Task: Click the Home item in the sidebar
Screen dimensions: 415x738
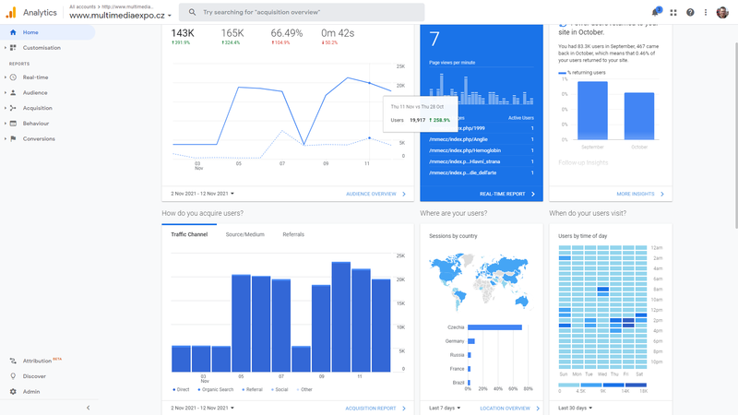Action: pyautogui.click(x=30, y=32)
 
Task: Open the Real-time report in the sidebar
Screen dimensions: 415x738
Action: pyautogui.click(x=36, y=77)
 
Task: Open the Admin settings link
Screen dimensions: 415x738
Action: pyautogui.click(x=31, y=391)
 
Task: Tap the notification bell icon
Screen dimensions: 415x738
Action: pyautogui.click(x=656, y=12)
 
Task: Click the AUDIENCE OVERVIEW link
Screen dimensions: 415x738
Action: pyautogui.click(x=371, y=194)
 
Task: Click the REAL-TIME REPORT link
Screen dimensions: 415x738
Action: pyautogui.click(x=502, y=194)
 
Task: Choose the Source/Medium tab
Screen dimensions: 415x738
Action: pyautogui.click(x=244, y=234)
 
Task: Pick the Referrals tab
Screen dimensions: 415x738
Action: pyautogui.click(x=293, y=234)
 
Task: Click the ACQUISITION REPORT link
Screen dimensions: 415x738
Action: pyautogui.click(x=371, y=408)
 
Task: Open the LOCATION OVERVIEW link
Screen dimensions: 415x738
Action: pyautogui.click(x=505, y=408)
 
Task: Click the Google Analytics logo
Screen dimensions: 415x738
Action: pyautogui.click(x=12, y=12)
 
